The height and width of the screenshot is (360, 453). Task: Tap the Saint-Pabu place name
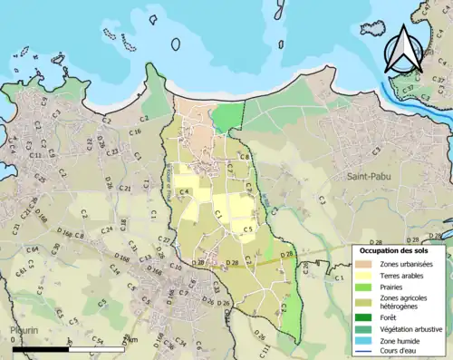click(363, 178)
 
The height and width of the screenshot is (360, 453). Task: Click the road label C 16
click(135, 132)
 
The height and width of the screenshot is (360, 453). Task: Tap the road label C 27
click(165, 239)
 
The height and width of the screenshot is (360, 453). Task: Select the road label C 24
click(107, 229)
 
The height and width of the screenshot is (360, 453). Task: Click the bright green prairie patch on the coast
click(227, 118)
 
